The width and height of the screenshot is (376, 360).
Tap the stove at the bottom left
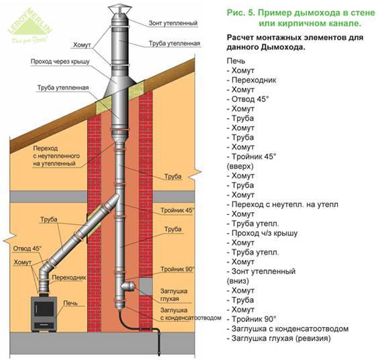(44, 314)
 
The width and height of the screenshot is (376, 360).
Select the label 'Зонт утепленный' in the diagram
(173, 23)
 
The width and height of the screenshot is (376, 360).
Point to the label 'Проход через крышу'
(60, 62)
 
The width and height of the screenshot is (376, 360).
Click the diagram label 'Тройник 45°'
(177, 210)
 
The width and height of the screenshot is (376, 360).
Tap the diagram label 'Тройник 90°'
(177, 269)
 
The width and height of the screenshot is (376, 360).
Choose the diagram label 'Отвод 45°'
(28, 249)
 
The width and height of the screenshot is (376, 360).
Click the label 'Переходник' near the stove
(68, 277)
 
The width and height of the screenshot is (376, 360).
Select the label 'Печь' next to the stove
(70, 303)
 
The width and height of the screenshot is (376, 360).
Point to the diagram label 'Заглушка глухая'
(174, 295)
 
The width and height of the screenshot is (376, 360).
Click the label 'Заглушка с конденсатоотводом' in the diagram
(191, 314)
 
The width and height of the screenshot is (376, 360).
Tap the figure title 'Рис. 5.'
(241, 13)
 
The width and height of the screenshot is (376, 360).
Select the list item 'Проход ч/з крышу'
(262, 233)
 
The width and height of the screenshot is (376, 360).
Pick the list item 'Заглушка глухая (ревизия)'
(279, 339)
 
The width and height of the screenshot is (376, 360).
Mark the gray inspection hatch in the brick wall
(146, 286)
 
